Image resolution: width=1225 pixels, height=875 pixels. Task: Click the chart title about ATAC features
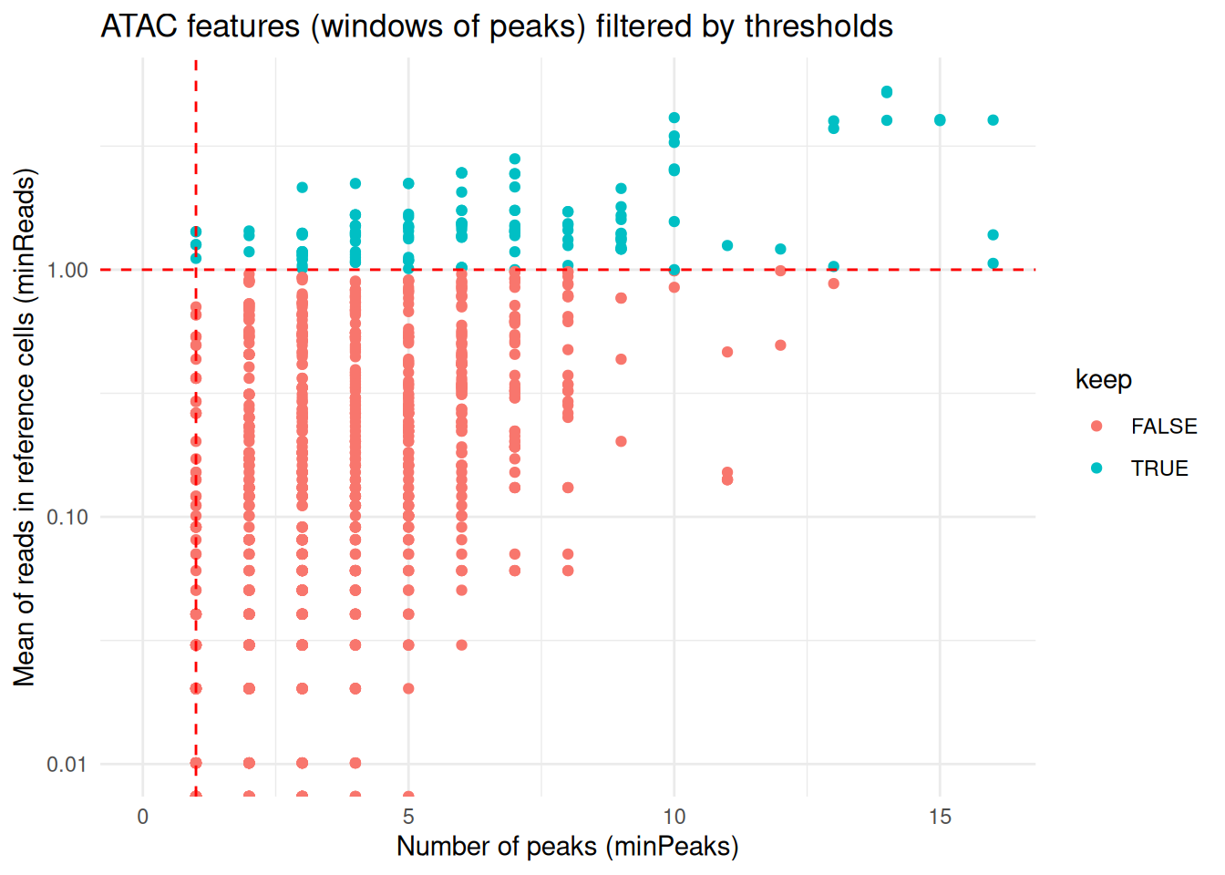tap(497, 26)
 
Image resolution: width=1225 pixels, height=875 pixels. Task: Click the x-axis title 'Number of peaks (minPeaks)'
tap(567, 847)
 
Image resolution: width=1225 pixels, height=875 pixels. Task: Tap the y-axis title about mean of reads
tap(25, 427)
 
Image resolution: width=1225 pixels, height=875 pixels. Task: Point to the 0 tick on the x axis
tap(143, 817)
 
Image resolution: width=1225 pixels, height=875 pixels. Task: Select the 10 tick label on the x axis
tap(674, 817)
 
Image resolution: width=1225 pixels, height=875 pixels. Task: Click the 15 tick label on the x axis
tap(940, 817)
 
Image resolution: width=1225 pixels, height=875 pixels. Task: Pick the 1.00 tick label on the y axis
tap(67, 270)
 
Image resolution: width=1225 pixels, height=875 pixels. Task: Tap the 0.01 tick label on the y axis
tap(67, 764)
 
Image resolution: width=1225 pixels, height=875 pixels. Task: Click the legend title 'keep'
tap(1103, 379)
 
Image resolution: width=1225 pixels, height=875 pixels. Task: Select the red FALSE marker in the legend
tap(1096, 426)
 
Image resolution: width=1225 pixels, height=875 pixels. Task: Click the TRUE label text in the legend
tap(1159, 468)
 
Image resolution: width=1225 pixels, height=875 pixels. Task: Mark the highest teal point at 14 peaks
tap(887, 92)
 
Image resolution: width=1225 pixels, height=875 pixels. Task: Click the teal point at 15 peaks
tap(940, 120)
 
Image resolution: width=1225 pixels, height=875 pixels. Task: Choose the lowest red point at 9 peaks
tap(621, 441)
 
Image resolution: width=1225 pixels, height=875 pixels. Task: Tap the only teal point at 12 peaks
tap(780, 249)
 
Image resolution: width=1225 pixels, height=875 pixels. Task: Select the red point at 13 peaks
tap(833, 283)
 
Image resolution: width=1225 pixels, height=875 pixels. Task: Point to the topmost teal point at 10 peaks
tap(674, 118)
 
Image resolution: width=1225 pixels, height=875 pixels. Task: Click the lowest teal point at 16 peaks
tap(993, 263)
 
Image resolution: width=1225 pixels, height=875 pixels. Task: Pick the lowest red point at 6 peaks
tap(461, 644)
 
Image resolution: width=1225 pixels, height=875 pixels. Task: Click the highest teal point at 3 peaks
tap(303, 188)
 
